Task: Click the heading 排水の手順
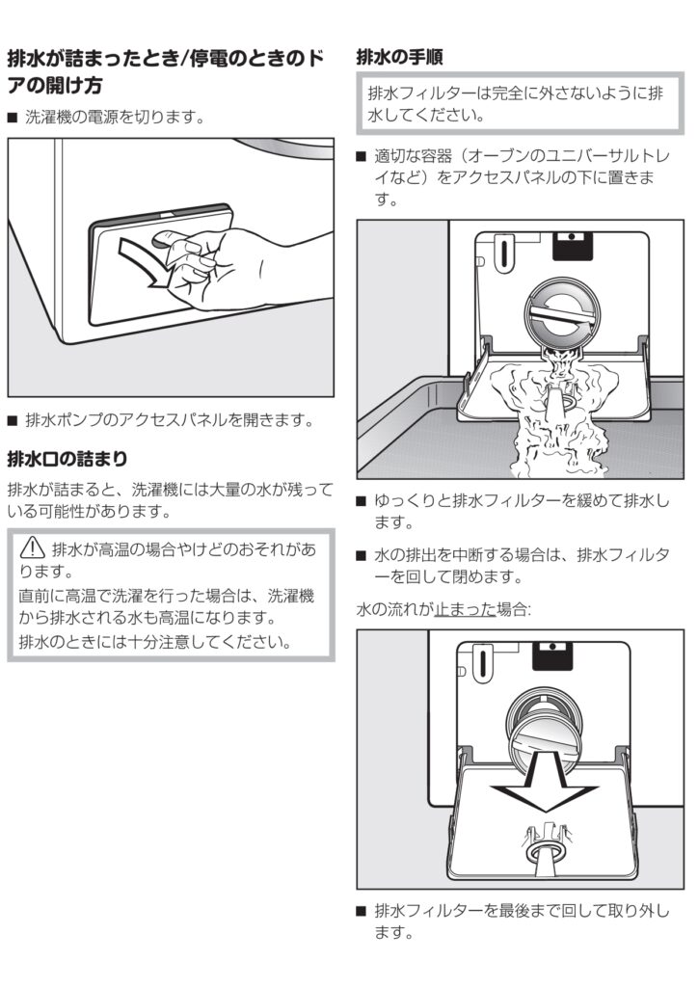click(x=399, y=57)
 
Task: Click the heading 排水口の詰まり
click(x=67, y=457)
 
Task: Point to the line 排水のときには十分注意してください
click(x=155, y=642)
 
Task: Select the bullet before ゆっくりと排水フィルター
click(x=362, y=502)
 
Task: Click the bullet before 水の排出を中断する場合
click(x=362, y=555)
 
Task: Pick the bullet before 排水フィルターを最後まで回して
click(x=362, y=911)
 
